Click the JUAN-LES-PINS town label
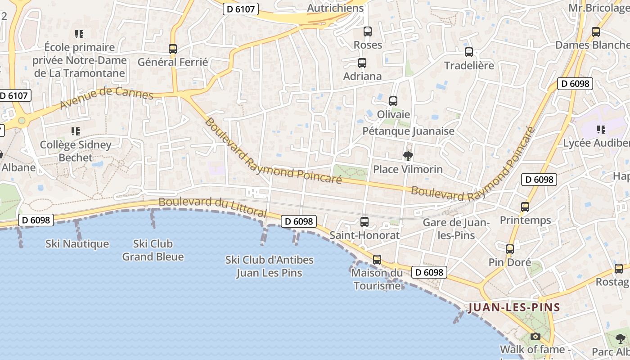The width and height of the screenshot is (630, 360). [514, 308]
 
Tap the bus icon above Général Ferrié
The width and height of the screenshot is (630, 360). [173, 49]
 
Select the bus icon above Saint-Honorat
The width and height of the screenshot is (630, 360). [364, 222]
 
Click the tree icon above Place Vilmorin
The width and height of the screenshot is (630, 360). [408, 156]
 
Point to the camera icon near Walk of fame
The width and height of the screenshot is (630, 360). [535, 336]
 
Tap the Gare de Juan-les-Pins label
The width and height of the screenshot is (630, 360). [456, 229]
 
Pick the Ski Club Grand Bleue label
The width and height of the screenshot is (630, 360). [153, 250]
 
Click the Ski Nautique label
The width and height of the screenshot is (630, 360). [77, 244]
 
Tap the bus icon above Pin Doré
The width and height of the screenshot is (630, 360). [510, 249]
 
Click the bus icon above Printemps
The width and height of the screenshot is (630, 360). [525, 207]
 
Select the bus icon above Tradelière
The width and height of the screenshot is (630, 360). [469, 52]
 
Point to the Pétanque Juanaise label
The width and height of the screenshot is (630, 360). [409, 131]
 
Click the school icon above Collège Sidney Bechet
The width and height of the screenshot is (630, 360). [76, 131]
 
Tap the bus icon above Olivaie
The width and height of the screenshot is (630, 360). [393, 101]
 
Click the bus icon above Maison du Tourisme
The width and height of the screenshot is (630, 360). [377, 260]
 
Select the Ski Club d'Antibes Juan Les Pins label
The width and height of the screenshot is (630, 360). [269, 266]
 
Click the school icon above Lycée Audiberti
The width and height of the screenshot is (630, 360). [601, 130]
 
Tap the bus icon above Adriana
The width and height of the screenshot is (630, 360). [362, 63]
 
